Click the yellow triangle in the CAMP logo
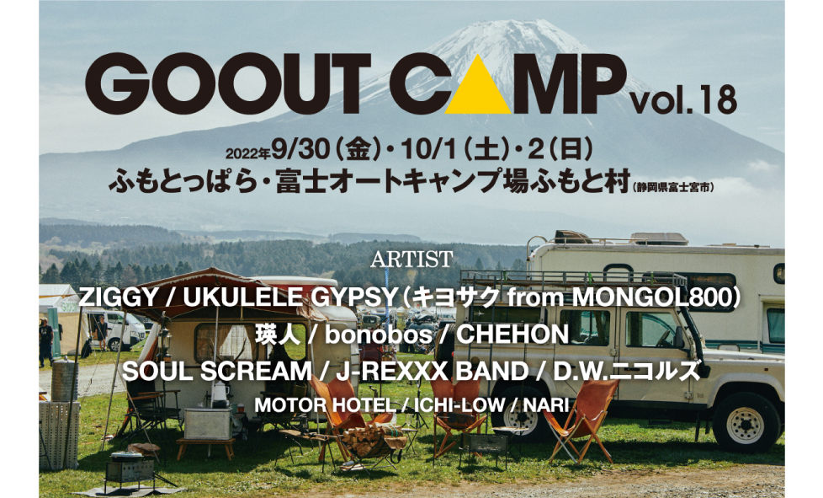click(x=481, y=87)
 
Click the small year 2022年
click(x=247, y=153)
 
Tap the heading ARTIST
click(x=411, y=259)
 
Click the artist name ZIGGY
click(x=117, y=297)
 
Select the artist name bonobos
click(x=379, y=335)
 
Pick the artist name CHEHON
click(x=512, y=335)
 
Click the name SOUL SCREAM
click(x=217, y=372)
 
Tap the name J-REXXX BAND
click(x=432, y=372)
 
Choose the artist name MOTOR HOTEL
click(x=325, y=405)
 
